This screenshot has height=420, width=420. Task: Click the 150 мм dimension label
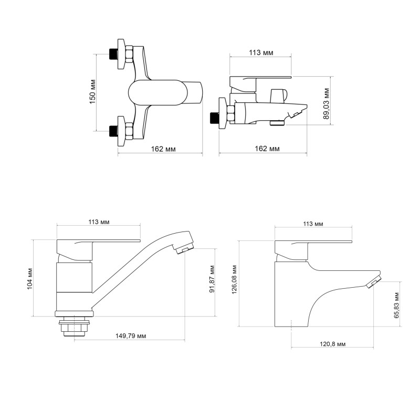[x=92, y=92]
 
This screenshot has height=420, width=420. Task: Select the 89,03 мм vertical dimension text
[x=327, y=103]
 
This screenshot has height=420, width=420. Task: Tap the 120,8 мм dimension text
[x=332, y=344]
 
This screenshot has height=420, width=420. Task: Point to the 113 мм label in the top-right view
[x=260, y=53]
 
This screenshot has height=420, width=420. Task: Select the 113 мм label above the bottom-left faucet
[x=98, y=222]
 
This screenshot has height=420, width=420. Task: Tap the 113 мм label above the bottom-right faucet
[x=313, y=224]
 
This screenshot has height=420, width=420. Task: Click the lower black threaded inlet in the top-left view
[x=112, y=130]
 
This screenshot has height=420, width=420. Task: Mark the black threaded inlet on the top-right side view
[x=214, y=117]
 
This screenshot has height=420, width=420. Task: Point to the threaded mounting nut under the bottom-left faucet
[x=74, y=327]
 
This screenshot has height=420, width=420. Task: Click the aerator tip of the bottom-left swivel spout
[x=185, y=248]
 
